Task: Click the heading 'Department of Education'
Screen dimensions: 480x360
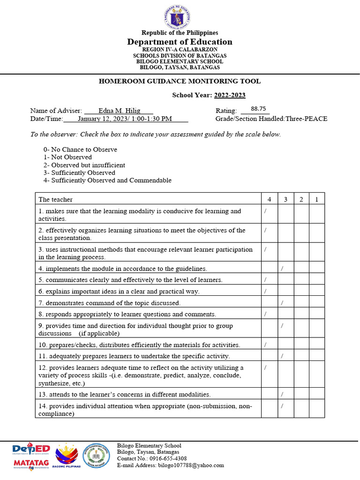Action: [180, 42]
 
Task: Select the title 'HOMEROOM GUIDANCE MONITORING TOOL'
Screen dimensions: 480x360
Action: [180, 81]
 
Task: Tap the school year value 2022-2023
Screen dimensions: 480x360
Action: [230, 95]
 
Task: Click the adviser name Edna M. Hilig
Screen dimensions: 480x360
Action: [119, 111]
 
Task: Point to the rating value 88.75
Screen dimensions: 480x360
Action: [258, 108]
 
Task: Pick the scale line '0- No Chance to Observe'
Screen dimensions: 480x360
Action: [80, 150]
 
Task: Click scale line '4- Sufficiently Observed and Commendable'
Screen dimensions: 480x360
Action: [107, 180]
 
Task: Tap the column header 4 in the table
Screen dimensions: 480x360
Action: [269, 199]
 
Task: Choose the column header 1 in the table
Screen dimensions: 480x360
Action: [316, 199]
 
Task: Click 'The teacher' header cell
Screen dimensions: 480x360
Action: [56, 199]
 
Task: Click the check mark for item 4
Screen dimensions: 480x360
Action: [281, 268]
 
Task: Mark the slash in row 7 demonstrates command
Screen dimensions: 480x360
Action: [281, 303]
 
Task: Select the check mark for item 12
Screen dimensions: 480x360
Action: [265, 367]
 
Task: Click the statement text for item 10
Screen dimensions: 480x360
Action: [139, 345]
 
